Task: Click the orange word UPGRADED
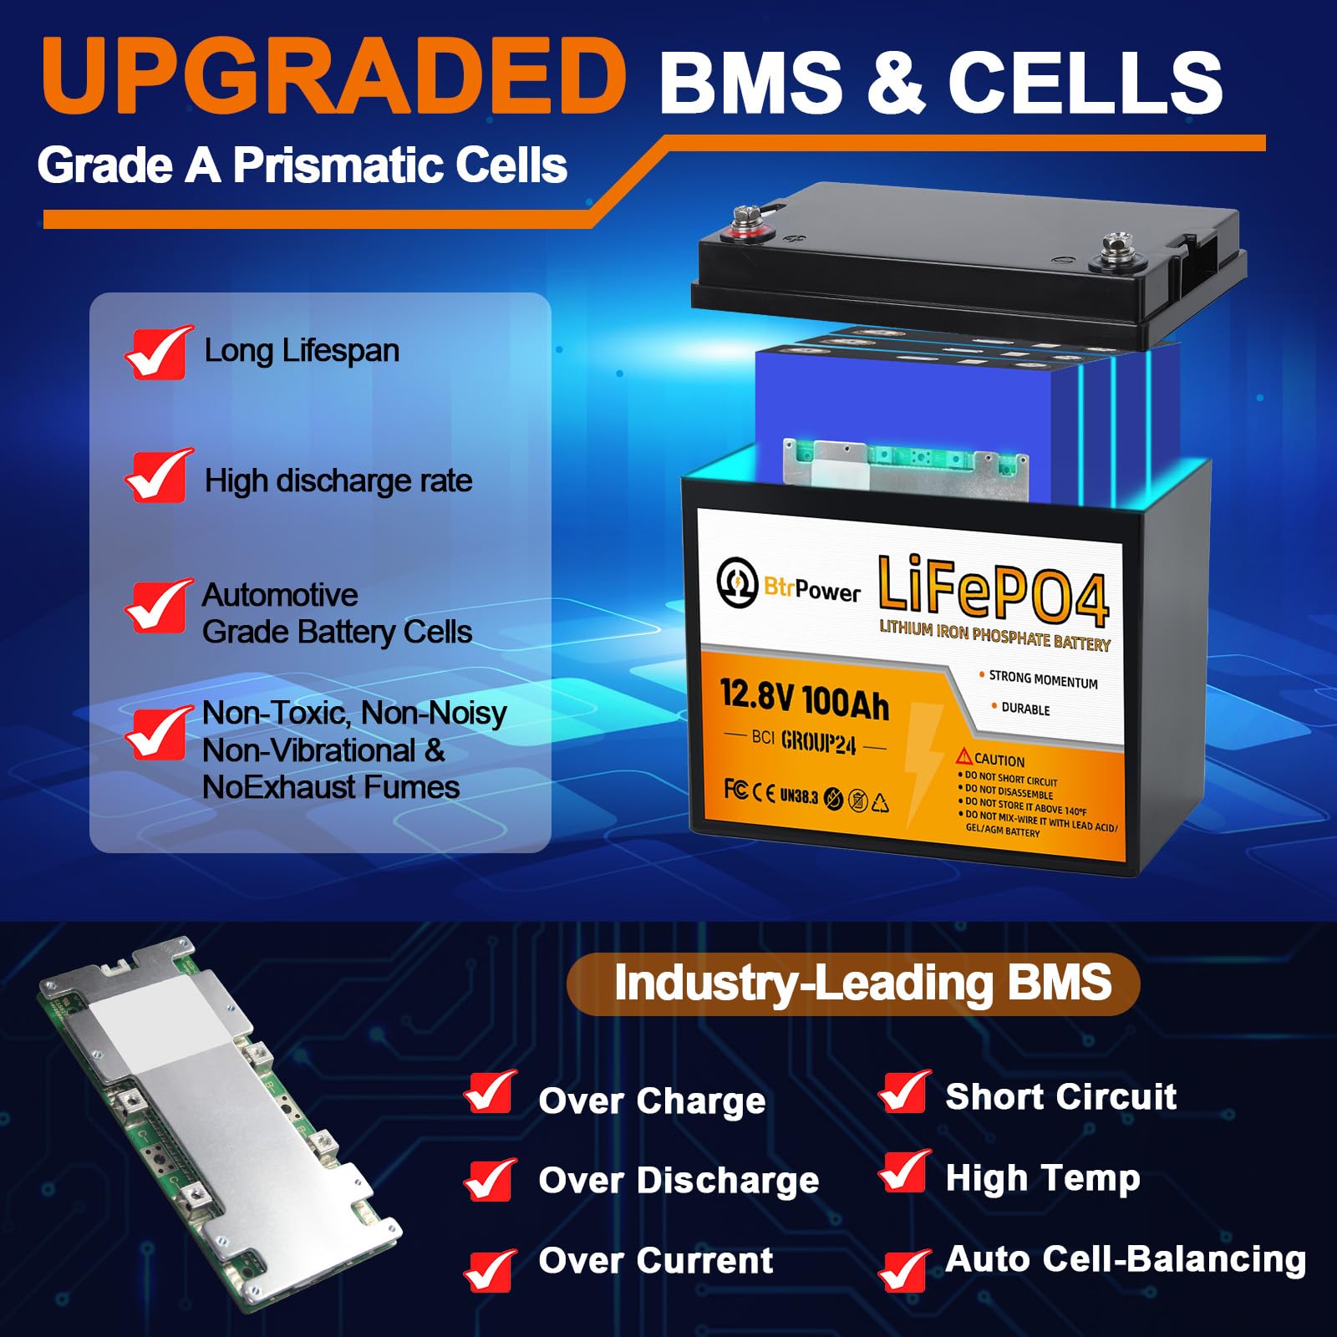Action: pyautogui.click(x=333, y=77)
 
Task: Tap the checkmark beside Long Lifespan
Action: pyautogui.click(x=157, y=353)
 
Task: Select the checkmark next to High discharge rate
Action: pyautogui.click(x=157, y=476)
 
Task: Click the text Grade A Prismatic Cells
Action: pyautogui.click(x=302, y=165)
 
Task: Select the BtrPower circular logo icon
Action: pyautogui.click(x=737, y=582)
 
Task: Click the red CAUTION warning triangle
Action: pyautogui.click(x=964, y=756)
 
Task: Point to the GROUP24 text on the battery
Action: pyautogui.click(x=818, y=743)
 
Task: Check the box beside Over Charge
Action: pyautogui.click(x=491, y=1093)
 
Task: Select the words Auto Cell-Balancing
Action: pyautogui.click(x=1125, y=1258)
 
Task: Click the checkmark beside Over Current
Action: pyautogui.click(x=491, y=1268)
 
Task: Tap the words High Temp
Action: pyautogui.click(x=1042, y=1178)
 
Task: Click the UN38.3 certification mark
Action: pyautogui.click(x=798, y=796)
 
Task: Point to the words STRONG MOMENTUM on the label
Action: pyautogui.click(x=1043, y=679)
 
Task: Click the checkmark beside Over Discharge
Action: pyautogui.click(x=491, y=1179)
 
